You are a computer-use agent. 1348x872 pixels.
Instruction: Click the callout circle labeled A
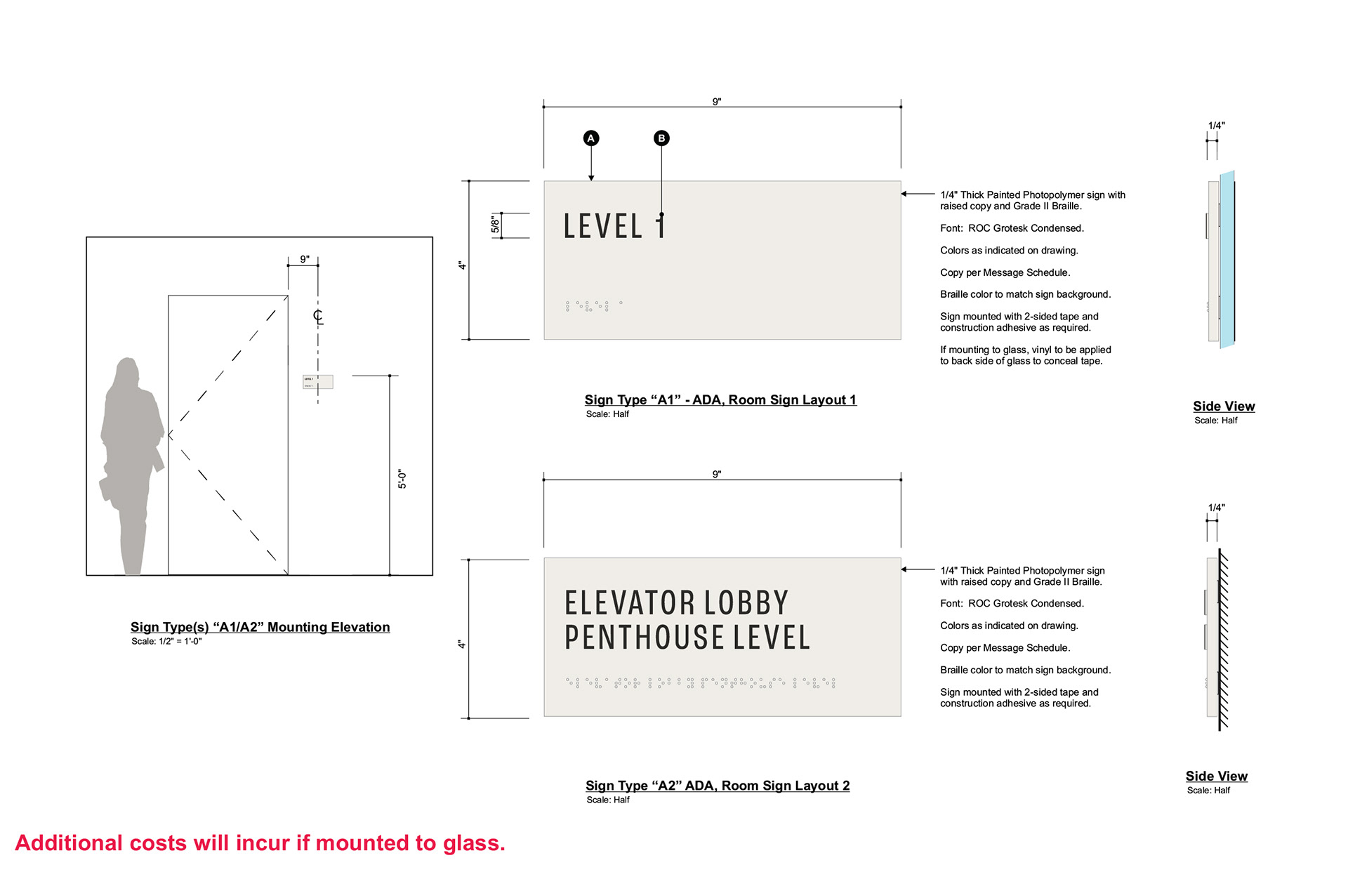[591, 138]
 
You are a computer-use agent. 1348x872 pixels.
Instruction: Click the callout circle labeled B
[661, 138]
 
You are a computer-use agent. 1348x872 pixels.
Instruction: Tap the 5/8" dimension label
[495, 225]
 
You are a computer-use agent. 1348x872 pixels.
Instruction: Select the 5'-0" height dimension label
[402, 479]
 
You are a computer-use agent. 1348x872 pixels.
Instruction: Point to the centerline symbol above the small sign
[318, 317]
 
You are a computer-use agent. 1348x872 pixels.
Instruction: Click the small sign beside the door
[317, 382]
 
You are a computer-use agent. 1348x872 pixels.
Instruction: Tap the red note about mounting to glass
[260, 843]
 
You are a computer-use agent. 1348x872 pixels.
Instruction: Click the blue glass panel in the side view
[1227, 260]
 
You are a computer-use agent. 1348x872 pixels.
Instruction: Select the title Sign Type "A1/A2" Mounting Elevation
[260, 627]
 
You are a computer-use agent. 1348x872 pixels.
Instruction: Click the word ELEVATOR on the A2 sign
[630, 603]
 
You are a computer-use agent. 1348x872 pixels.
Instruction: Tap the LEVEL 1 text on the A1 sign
[614, 226]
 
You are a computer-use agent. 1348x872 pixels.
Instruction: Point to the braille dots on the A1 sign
[594, 306]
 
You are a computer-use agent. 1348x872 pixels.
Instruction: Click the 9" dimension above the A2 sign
[717, 475]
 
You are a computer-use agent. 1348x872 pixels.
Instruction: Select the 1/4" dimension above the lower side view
[1216, 508]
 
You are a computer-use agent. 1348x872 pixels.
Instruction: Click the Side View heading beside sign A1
[1224, 406]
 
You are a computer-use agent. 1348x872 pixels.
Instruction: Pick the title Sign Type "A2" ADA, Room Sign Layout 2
[718, 786]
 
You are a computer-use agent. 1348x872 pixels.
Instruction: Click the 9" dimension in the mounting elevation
[305, 259]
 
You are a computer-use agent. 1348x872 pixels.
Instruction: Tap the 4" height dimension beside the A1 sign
[461, 265]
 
